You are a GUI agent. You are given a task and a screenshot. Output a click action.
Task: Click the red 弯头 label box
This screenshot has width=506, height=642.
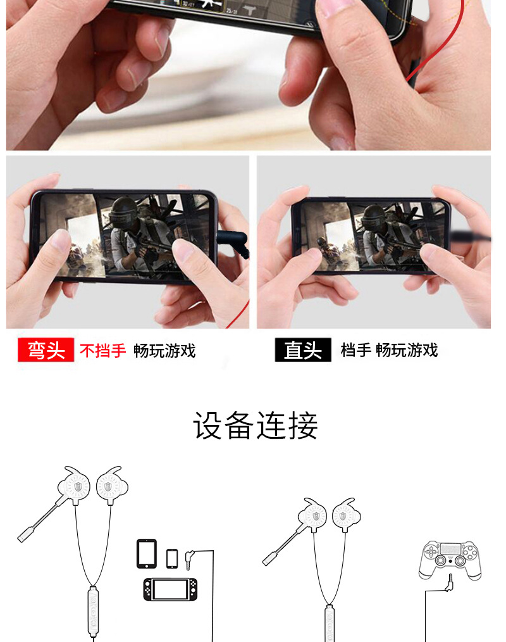47,350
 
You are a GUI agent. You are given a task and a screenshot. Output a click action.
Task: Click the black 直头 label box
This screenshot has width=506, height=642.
302,350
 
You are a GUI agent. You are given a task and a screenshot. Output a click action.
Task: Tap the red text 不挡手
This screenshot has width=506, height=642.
102,350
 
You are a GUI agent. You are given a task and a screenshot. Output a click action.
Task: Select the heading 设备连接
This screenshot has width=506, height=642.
255,425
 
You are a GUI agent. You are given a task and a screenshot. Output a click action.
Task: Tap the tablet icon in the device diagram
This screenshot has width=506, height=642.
147,553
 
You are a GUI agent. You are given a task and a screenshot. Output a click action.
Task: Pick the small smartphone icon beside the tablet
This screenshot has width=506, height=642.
172,558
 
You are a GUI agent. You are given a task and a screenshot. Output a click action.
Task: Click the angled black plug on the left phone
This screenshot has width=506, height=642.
233,242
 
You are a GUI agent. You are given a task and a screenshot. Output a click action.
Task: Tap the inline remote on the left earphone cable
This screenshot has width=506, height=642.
92,609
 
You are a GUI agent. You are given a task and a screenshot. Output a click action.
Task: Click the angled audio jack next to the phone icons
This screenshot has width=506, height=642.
191,556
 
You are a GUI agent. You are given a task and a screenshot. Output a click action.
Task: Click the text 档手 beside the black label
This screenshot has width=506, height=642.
355,350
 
